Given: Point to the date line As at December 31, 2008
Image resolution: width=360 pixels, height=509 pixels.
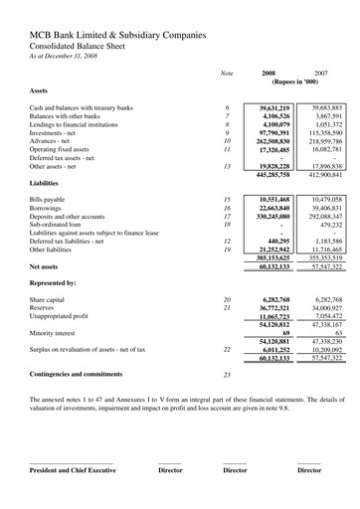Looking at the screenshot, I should click(x=63, y=58).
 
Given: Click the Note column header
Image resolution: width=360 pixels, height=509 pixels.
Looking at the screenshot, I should click(x=226, y=74).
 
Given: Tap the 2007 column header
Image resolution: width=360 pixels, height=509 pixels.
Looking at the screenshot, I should click(x=320, y=74).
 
